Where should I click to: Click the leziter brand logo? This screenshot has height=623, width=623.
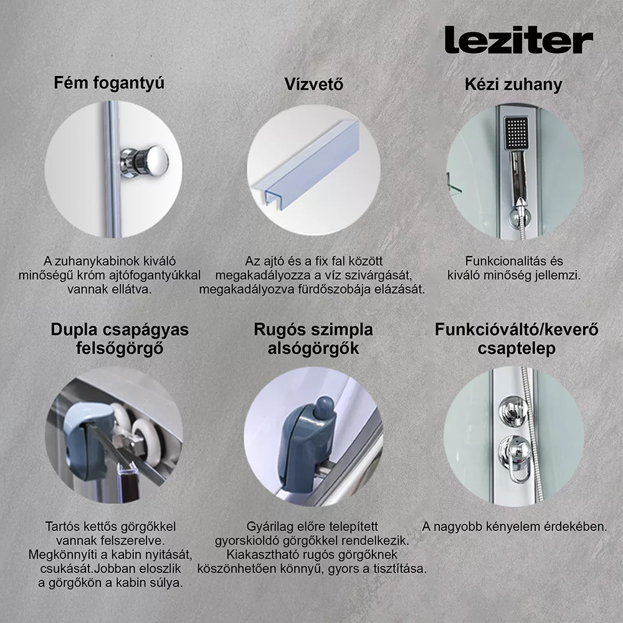(x=518, y=40)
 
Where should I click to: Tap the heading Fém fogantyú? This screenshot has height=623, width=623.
(x=109, y=83)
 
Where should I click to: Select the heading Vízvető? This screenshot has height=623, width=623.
(x=314, y=84)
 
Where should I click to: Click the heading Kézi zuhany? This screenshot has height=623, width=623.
(x=513, y=85)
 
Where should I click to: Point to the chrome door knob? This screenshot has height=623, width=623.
(x=145, y=161)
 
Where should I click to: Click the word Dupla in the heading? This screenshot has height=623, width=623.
(x=74, y=330)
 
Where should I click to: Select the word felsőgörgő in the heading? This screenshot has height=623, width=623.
(x=120, y=348)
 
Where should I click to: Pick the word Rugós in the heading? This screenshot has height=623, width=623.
(x=279, y=330)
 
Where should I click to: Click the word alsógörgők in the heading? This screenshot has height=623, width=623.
(x=313, y=348)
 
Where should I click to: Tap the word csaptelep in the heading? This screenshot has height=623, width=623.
(x=516, y=348)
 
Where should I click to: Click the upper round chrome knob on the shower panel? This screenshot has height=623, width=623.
(x=513, y=411)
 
